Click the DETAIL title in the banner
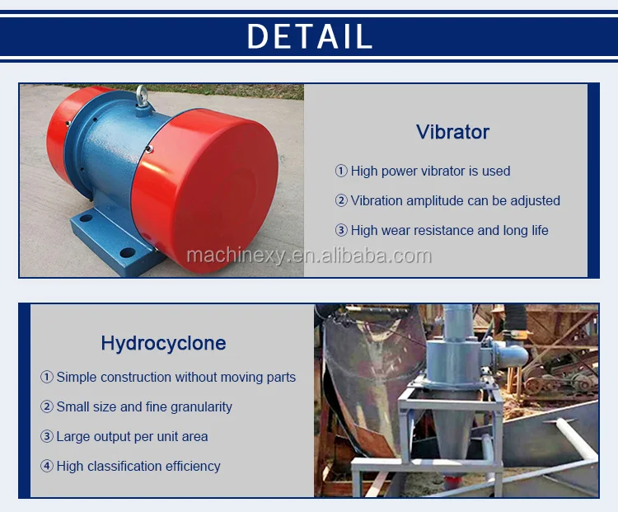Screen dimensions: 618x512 309,36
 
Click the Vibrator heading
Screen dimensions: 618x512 452,132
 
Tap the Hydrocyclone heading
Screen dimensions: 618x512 164,343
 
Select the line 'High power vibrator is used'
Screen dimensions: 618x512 430,171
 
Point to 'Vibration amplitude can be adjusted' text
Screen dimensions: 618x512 455,201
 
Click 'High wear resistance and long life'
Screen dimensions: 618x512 449,230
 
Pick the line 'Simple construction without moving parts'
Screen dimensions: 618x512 176,377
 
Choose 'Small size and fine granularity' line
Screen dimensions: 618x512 144,406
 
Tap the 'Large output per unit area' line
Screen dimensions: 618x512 132,437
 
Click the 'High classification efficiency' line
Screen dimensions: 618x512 138,467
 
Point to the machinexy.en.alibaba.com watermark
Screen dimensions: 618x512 309,256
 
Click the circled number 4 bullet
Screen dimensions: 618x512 46,467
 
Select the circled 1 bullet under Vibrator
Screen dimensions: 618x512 341,171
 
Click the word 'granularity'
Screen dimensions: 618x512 201,407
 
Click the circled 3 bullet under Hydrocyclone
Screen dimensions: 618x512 46,437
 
